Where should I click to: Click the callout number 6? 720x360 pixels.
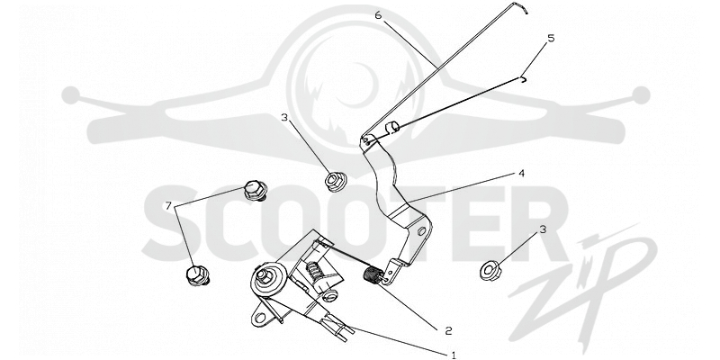point(378,15)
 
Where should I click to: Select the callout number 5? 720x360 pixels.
point(551,38)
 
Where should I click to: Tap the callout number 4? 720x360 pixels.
point(521,174)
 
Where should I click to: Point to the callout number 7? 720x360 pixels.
point(168,207)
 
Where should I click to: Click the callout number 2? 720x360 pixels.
point(448,330)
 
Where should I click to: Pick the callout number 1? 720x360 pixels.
point(454,355)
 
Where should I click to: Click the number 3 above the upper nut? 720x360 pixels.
point(284,118)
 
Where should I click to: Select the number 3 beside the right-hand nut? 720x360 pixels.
point(543,229)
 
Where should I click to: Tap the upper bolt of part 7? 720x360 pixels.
point(256,190)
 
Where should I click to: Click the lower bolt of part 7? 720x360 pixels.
point(198,275)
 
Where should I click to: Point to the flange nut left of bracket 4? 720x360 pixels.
point(336,181)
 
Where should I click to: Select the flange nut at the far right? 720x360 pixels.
point(490,270)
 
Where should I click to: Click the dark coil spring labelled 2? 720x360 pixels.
point(373,276)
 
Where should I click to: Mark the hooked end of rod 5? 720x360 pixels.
point(524,79)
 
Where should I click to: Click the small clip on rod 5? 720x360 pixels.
point(393,128)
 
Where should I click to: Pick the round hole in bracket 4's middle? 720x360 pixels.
point(421,231)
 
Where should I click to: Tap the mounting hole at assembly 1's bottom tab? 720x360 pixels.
point(261,318)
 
